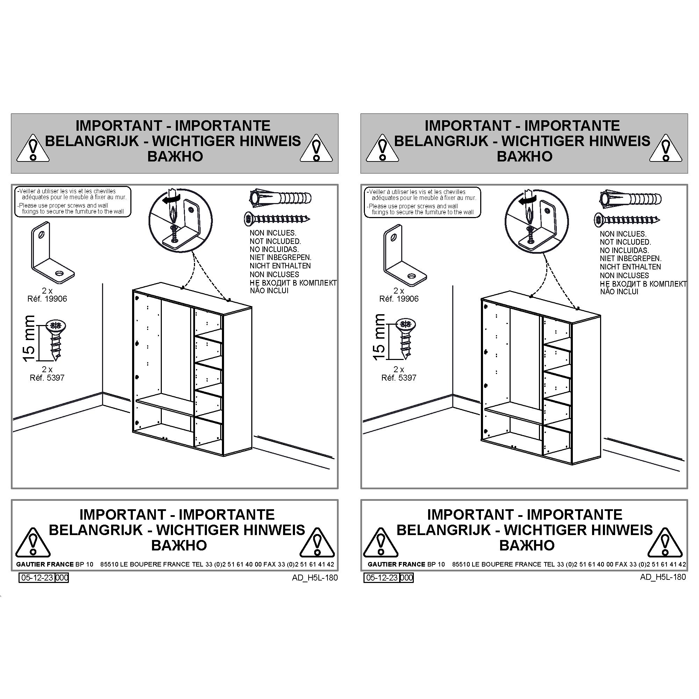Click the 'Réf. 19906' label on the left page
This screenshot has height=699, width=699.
click(x=47, y=299)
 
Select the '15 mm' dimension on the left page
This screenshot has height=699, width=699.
click(x=29, y=338)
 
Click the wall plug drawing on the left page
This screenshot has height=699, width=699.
click(x=280, y=198)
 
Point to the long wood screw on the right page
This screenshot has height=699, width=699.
click(x=627, y=219)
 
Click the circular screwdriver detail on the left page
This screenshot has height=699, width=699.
click(x=180, y=220)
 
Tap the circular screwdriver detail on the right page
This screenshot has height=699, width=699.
click(x=536, y=222)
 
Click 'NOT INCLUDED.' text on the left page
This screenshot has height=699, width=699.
click(x=275, y=241)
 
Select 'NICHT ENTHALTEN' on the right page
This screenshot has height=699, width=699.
click(x=630, y=267)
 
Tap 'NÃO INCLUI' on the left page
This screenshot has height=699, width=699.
click(x=269, y=290)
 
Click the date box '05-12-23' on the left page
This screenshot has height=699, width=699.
click(x=37, y=577)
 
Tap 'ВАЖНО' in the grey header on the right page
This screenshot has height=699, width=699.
click(x=524, y=156)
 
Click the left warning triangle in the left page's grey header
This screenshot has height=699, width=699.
click(x=33, y=148)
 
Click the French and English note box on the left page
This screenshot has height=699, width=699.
click(x=72, y=202)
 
